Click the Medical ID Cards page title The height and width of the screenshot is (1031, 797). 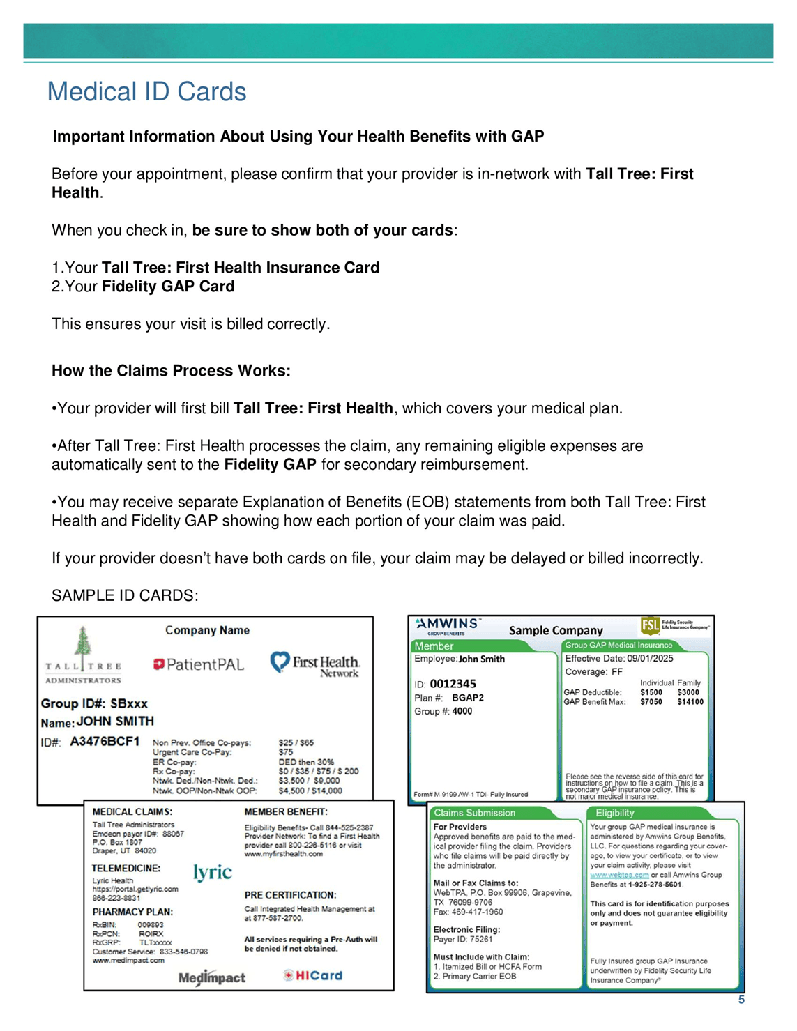(x=146, y=92)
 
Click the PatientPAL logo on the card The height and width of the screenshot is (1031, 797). (x=199, y=664)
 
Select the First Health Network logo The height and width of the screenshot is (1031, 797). (x=315, y=664)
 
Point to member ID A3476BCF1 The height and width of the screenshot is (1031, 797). (x=105, y=741)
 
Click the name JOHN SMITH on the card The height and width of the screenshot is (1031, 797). (x=115, y=721)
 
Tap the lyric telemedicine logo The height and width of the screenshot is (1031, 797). (x=213, y=872)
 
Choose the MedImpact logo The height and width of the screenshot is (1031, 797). (x=212, y=977)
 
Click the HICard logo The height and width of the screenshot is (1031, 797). (x=313, y=975)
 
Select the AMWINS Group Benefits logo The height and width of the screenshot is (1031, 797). (x=447, y=625)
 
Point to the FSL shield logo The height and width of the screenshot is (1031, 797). (x=650, y=625)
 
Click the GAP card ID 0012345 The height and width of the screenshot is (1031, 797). (x=453, y=684)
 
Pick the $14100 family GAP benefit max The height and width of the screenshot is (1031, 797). (x=690, y=702)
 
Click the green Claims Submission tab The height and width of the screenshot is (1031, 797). (x=474, y=813)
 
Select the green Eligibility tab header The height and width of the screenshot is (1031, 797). (x=615, y=813)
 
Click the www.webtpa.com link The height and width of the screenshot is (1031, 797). (x=619, y=875)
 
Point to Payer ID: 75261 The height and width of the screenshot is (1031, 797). (x=463, y=939)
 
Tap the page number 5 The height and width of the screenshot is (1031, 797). (x=741, y=1000)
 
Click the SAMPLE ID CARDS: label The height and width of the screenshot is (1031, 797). (x=125, y=595)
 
